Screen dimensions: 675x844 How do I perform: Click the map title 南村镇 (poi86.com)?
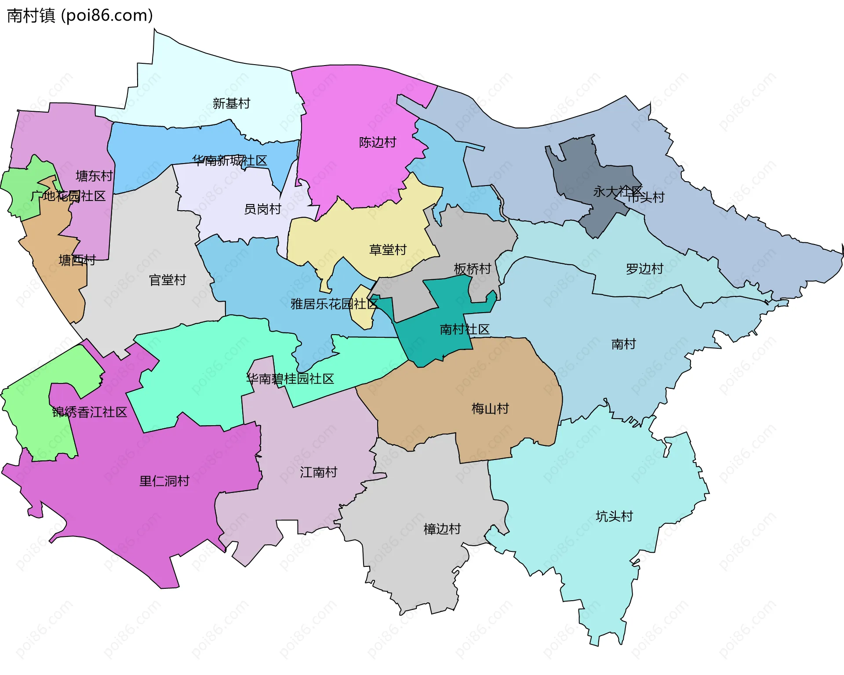coord(80,15)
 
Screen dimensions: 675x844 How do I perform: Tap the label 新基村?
coord(231,103)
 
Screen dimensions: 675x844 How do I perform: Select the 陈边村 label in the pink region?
coord(377,142)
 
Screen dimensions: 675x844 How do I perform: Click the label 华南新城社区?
coord(229,161)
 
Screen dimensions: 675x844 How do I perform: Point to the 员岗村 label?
coord(262,209)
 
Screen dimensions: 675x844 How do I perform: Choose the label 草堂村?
coord(388,250)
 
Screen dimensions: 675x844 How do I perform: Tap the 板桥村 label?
coord(472,269)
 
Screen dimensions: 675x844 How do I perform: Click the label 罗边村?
coord(644,269)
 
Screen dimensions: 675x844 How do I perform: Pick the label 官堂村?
coord(167,280)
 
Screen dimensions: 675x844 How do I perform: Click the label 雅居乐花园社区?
coord(334,303)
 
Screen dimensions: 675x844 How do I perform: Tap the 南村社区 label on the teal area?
coord(464,329)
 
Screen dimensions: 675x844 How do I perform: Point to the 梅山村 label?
coord(490,409)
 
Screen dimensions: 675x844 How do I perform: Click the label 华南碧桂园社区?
coord(290,379)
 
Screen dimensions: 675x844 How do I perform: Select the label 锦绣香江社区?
coord(90,412)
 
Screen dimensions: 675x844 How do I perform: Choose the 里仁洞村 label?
coord(164,481)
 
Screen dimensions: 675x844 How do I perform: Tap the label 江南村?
coord(318,472)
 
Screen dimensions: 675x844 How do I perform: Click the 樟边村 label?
coord(442,529)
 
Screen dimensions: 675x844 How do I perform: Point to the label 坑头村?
coord(614,516)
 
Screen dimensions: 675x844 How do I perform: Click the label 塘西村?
coord(77,260)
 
